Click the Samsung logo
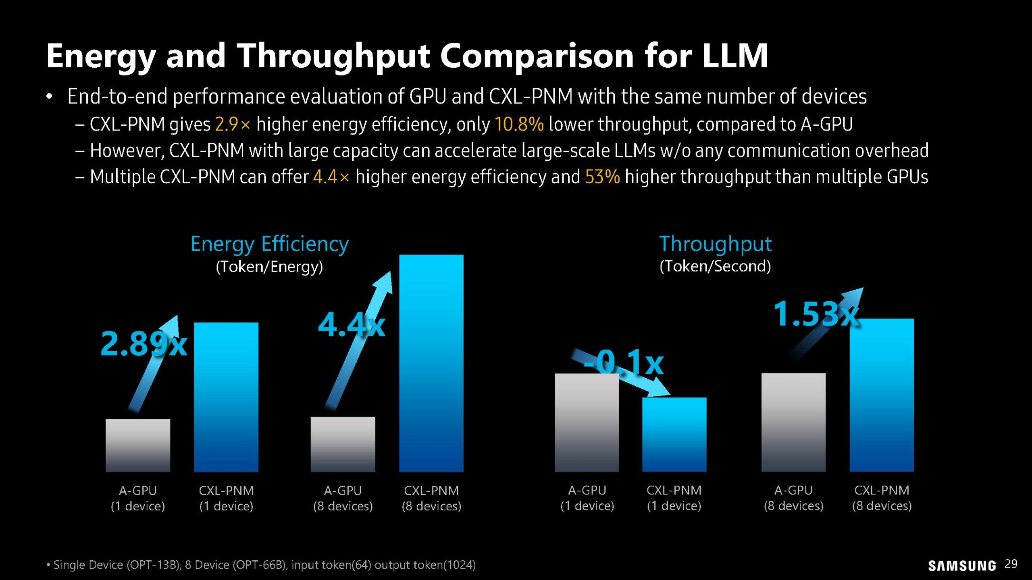pos(961,565)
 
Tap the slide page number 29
pos(1011,564)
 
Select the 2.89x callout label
pos(144,344)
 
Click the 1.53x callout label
pos(815,314)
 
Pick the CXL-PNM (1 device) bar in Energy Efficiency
pos(226,397)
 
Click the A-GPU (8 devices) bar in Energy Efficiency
pos(343,444)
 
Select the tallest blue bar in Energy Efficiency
pos(431,362)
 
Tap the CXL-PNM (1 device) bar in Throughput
pos(674,434)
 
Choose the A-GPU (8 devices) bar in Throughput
pos(793,422)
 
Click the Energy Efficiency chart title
pos(269,244)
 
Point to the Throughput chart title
pos(715,244)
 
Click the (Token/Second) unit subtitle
pos(715,266)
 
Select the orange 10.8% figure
pos(519,124)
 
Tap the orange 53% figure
pos(602,177)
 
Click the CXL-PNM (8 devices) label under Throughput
pos(882,498)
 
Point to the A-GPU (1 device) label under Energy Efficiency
pos(138,498)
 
